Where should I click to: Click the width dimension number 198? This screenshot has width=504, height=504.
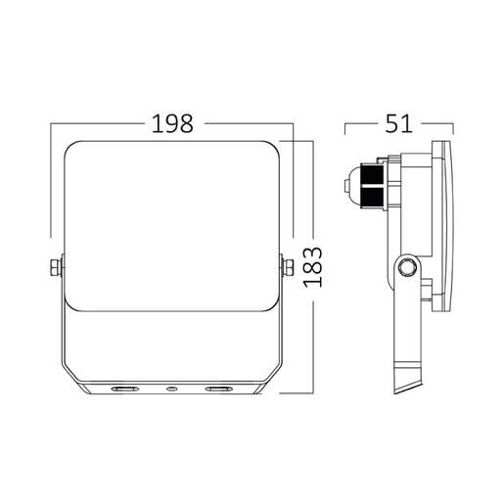click(x=171, y=124)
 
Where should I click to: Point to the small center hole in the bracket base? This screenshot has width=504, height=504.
click(x=171, y=389)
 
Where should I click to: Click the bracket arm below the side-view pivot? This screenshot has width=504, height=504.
click(x=403, y=323)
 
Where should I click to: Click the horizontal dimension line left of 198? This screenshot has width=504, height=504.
click(x=98, y=124)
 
